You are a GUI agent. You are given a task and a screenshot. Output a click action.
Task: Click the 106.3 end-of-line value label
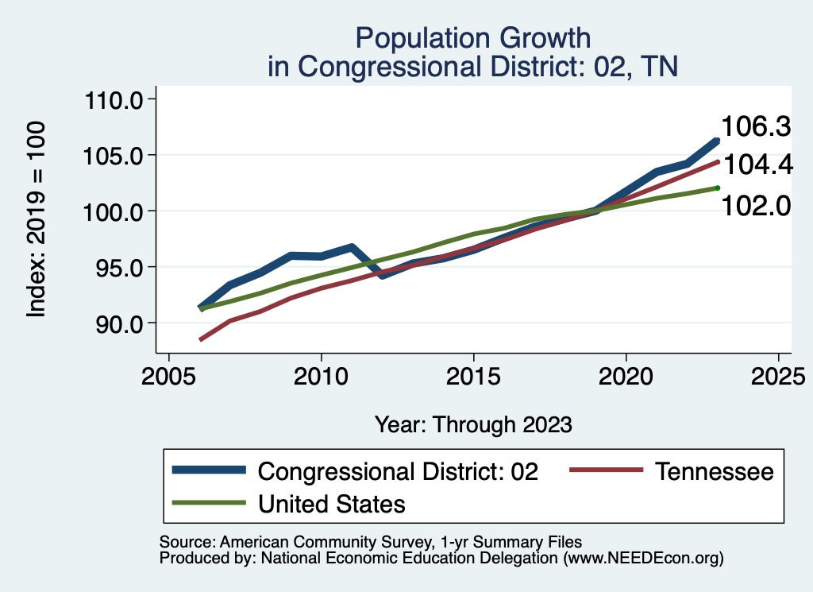(x=756, y=126)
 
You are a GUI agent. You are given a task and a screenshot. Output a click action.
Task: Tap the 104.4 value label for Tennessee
(x=756, y=165)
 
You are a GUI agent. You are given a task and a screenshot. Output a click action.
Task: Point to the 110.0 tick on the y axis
(x=113, y=100)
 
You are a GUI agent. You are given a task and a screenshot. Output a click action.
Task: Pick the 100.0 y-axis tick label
(x=113, y=211)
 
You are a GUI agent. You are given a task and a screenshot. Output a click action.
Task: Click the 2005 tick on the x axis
(x=168, y=374)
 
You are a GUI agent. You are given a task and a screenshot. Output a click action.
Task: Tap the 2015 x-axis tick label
(x=473, y=374)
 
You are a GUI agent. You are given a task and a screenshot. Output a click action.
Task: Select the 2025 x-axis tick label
(x=778, y=374)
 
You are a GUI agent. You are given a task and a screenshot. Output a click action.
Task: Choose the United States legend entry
(x=332, y=503)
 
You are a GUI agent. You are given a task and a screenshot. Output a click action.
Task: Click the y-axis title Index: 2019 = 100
(x=37, y=220)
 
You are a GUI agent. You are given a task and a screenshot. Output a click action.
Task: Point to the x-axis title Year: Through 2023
(x=473, y=424)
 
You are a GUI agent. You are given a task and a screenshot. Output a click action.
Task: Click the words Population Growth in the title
(x=473, y=37)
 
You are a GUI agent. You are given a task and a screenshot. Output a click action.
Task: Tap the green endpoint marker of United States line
(x=717, y=188)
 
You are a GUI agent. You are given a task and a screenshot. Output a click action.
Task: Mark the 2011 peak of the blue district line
(x=351, y=247)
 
